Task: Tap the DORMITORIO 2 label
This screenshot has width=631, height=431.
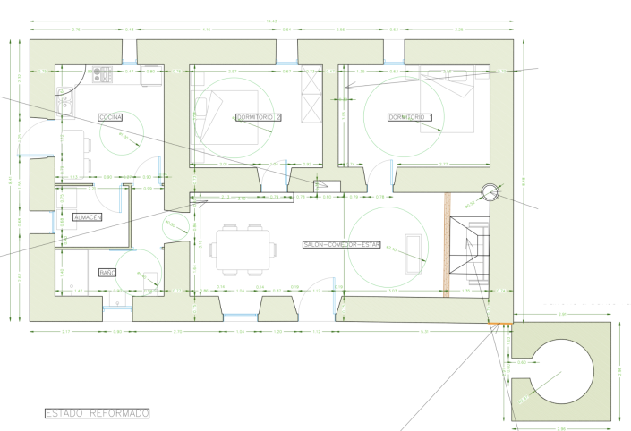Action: tap(259, 118)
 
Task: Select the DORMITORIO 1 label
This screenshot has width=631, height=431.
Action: tap(410, 117)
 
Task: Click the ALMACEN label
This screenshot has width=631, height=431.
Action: tap(88, 217)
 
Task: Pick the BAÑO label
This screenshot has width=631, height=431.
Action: tap(107, 272)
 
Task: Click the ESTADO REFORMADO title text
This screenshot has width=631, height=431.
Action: tap(97, 413)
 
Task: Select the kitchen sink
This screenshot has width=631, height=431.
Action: tap(64, 108)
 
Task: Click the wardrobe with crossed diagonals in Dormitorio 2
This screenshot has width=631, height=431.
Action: tap(312, 99)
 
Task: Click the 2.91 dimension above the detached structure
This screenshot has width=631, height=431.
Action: tap(562, 315)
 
